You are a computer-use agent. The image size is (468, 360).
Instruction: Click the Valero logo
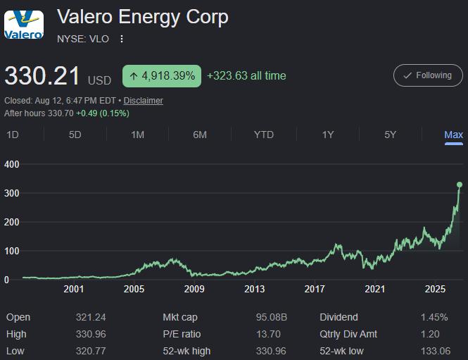tap(24, 25)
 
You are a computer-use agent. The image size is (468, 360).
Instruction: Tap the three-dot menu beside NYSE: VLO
tap(122, 39)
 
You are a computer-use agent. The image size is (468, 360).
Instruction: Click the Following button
tap(428, 75)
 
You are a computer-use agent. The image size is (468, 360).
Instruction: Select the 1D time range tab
tap(13, 135)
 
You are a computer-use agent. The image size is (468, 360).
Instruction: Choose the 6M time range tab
tap(200, 135)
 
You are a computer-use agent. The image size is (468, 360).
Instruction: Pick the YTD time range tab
tap(263, 135)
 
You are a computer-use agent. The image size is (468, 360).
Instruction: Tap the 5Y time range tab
tap(390, 135)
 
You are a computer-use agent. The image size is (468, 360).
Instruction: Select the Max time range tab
tap(454, 135)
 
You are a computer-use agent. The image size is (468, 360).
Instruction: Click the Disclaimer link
tap(144, 101)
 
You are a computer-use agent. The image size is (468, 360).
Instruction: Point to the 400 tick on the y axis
tap(12, 164)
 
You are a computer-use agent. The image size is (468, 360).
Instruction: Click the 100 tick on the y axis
tap(12, 251)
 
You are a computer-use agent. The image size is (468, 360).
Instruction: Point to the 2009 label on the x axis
tap(194, 289)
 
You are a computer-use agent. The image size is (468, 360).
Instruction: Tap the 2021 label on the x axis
tap(375, 289)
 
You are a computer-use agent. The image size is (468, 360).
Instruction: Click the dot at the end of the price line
tap(460, 185)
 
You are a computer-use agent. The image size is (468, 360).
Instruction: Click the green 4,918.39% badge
tap(162, 76)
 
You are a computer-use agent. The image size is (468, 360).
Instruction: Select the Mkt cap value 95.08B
tap(272, 317)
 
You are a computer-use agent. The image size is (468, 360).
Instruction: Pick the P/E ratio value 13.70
tap(268, 334)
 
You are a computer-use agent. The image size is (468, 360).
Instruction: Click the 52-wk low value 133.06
tap(436, 351)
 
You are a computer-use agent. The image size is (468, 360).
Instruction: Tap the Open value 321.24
tap(91, 317)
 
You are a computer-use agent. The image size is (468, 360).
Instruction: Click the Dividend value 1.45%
tap(434, 317)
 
